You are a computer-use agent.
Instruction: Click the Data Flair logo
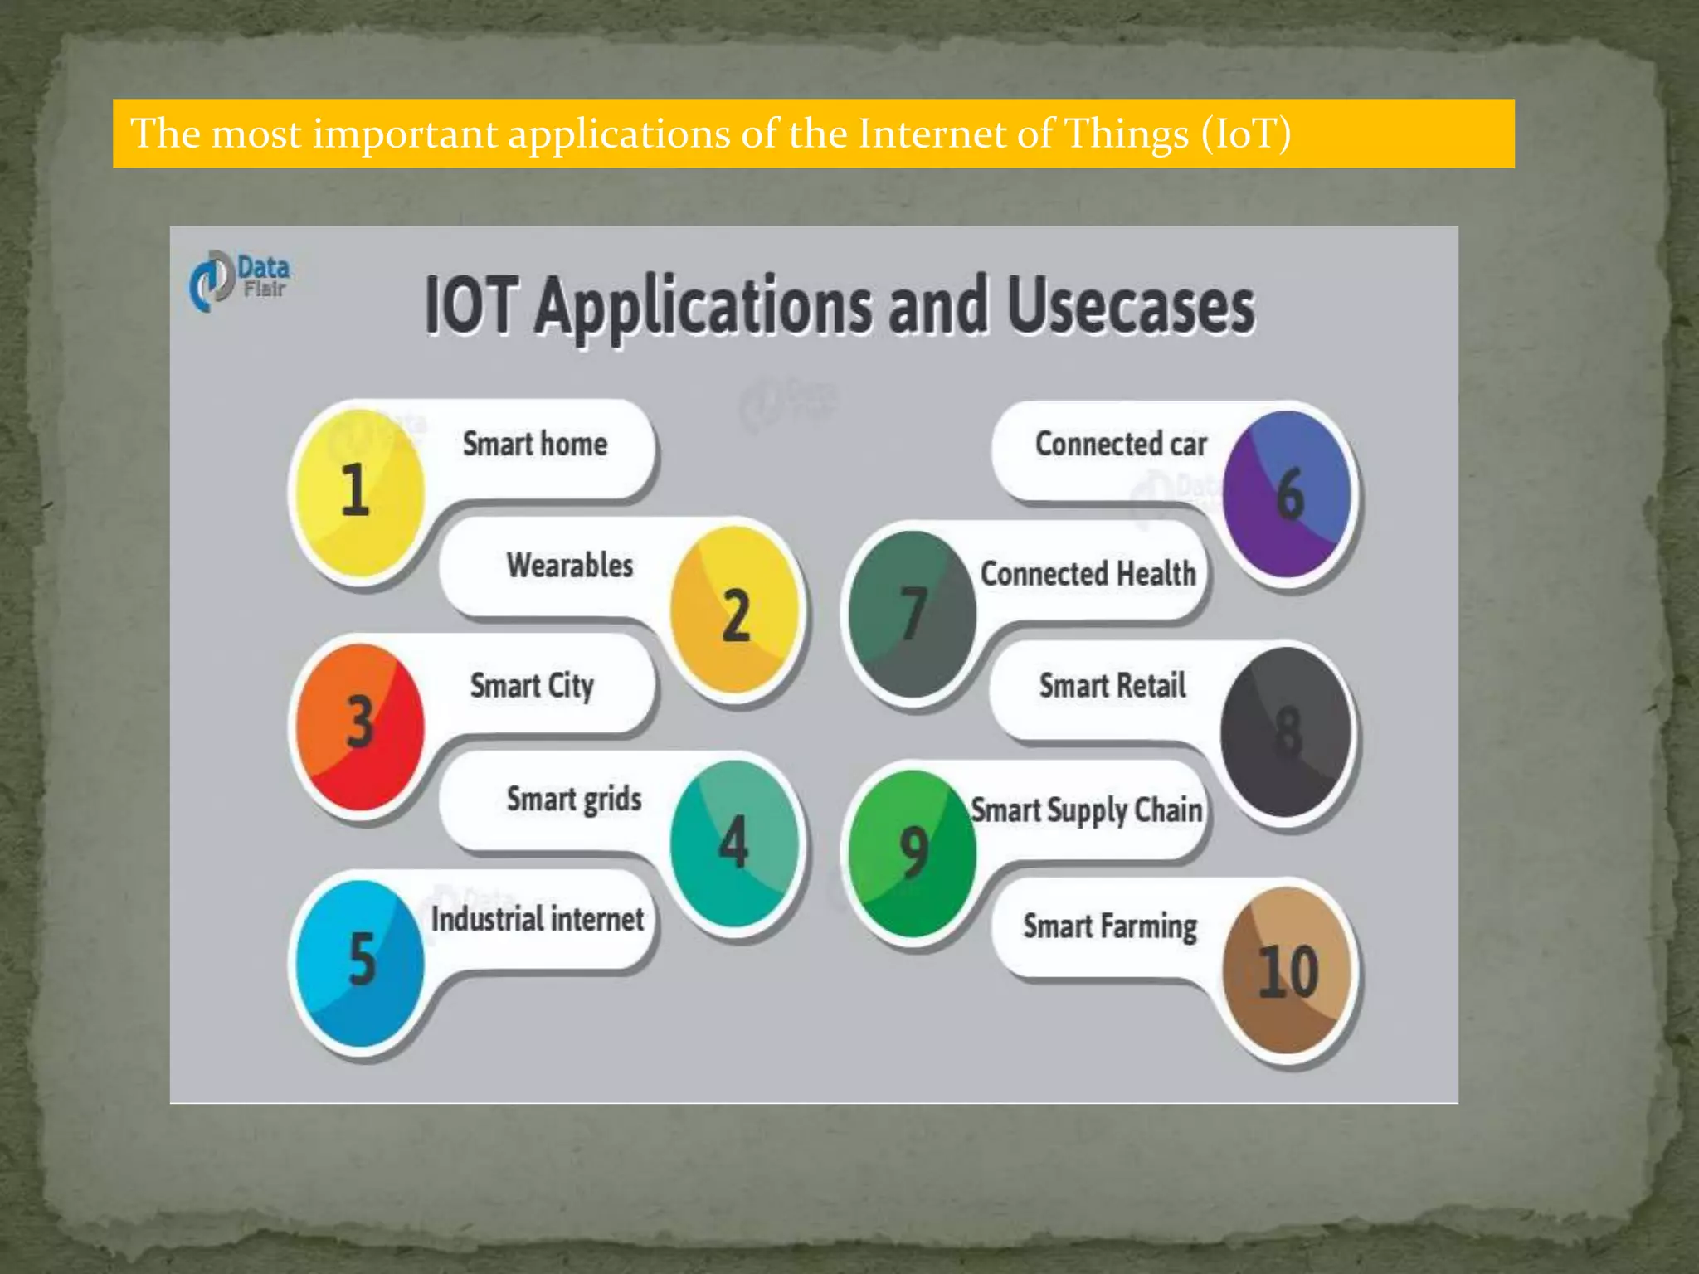tap(239, 280)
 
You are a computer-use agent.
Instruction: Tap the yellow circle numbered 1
tap(360, 492)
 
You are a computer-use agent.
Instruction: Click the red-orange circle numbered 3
tap(360, 726)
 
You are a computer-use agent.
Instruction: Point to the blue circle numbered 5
tap(360, 962)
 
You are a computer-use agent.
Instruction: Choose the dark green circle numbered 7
tap(913, 614)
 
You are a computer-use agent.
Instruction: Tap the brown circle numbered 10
tap(1287, 970)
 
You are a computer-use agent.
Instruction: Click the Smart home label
tap(535, 445)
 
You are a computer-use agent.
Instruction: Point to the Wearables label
tap(570, 566)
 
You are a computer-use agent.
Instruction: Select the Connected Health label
tap(1088, 574)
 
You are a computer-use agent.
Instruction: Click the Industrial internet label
tap(538, 919)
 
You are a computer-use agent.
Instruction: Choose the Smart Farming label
tap(1110, 926)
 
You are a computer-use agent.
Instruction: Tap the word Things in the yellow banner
tap(1127, 134)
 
